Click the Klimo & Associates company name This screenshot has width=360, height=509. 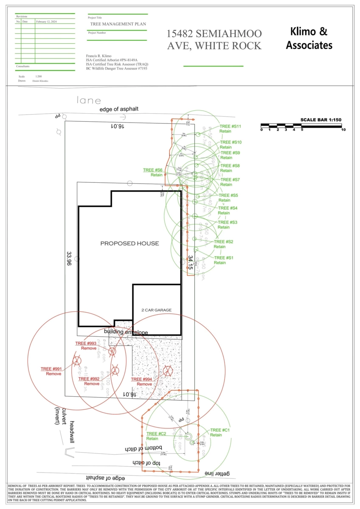point(309,38)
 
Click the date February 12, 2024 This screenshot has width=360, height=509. point(46,21)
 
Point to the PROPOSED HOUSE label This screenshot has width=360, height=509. point(129,243)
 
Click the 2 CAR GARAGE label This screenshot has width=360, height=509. point(157,310)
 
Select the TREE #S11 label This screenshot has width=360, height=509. point(230,126)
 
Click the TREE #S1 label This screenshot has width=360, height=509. point(224,258)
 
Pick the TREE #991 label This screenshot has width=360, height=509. point(51,369)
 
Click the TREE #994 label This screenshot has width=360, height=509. point(141,379)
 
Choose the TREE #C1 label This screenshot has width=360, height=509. point(220,430)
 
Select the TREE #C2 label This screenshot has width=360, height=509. point(156,433)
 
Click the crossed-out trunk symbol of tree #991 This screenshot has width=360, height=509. point(76,361)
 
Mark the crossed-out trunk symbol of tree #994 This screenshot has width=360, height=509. point(168,372)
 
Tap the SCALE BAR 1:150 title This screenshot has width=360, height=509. point(321,120)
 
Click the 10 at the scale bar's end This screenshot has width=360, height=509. point(343,130)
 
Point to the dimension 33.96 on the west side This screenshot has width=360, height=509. point(69,258)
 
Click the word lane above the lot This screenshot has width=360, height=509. point(89,101)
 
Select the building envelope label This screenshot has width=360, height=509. point(126,332)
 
